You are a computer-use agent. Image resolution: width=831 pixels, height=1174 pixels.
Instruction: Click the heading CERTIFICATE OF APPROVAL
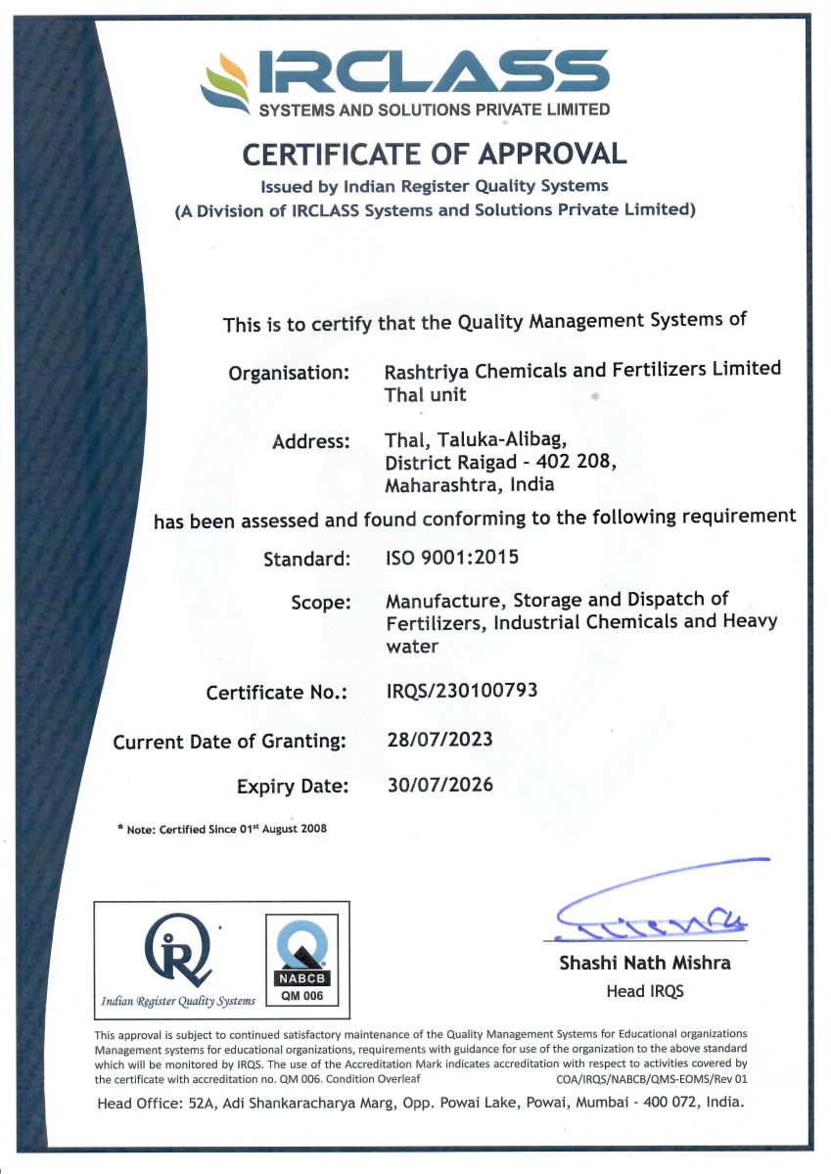(434, 154)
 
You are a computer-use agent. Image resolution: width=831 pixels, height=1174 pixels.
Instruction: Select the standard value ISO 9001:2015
(452, 558)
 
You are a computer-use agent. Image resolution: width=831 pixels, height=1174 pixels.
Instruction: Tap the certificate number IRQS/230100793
(462, 691)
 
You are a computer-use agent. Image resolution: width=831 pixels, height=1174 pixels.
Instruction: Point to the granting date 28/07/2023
(440, 739)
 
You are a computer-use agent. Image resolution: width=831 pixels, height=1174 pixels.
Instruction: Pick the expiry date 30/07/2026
(440, 784)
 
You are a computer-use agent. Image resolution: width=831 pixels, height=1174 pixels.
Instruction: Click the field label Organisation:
(289, 373)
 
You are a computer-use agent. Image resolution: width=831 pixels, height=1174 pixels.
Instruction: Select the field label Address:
(310, 441)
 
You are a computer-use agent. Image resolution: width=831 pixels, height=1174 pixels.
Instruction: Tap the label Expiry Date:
(292, 786)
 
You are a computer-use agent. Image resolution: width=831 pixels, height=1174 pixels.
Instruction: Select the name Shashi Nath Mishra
(644, 963)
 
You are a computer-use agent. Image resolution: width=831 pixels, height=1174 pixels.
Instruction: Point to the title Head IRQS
(644, 991)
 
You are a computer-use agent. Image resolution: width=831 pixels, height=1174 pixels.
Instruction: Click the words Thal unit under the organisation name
(426, 395)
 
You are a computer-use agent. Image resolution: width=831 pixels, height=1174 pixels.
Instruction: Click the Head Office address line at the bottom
(420, 1103)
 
